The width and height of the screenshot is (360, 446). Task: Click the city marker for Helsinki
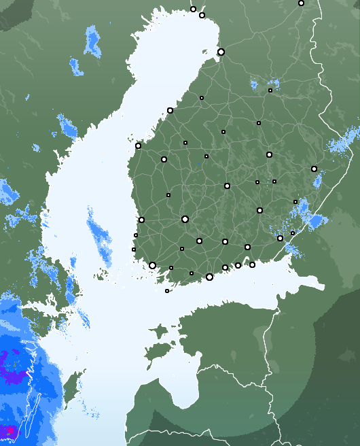[209, 277]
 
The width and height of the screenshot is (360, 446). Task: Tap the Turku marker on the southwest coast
[152, 265]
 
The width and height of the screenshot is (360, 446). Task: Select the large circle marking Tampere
[185, 219]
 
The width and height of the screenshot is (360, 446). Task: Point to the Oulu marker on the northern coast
[221, 52]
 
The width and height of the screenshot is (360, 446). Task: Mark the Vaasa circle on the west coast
[138, 145]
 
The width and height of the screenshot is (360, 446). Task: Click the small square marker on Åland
[167, 291]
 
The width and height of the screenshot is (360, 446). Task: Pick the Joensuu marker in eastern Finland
[314, 169]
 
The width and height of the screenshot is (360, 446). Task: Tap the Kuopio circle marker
[269, 154]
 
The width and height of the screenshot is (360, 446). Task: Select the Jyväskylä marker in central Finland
[227, 186]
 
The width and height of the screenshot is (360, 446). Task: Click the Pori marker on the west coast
[141, 220]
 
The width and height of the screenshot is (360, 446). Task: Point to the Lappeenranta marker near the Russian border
[280, 238]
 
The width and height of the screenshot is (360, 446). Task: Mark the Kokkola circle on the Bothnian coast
[170, 110]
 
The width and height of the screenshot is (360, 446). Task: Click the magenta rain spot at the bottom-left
[9, 431]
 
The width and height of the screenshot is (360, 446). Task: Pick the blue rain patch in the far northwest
[92, 42]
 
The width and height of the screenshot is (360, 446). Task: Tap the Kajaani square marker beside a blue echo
[270, 90]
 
